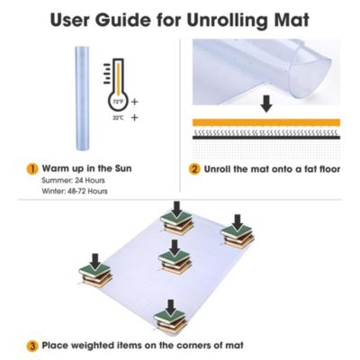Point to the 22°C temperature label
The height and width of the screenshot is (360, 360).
click(x=117, y=116)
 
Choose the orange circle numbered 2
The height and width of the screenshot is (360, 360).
click(x=193, y=167)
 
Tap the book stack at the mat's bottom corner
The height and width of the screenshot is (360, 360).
click(x=170, y=319)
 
